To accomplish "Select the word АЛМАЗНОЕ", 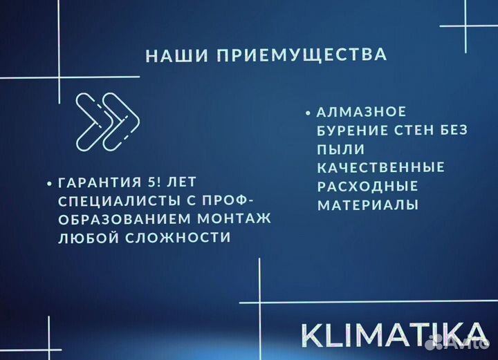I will (362, 112).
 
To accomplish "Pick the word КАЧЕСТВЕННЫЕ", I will (380, 168).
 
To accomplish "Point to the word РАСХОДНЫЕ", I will (368, 187).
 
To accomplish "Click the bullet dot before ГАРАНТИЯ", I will (49, 184).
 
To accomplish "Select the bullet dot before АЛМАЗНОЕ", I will (306, 113).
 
